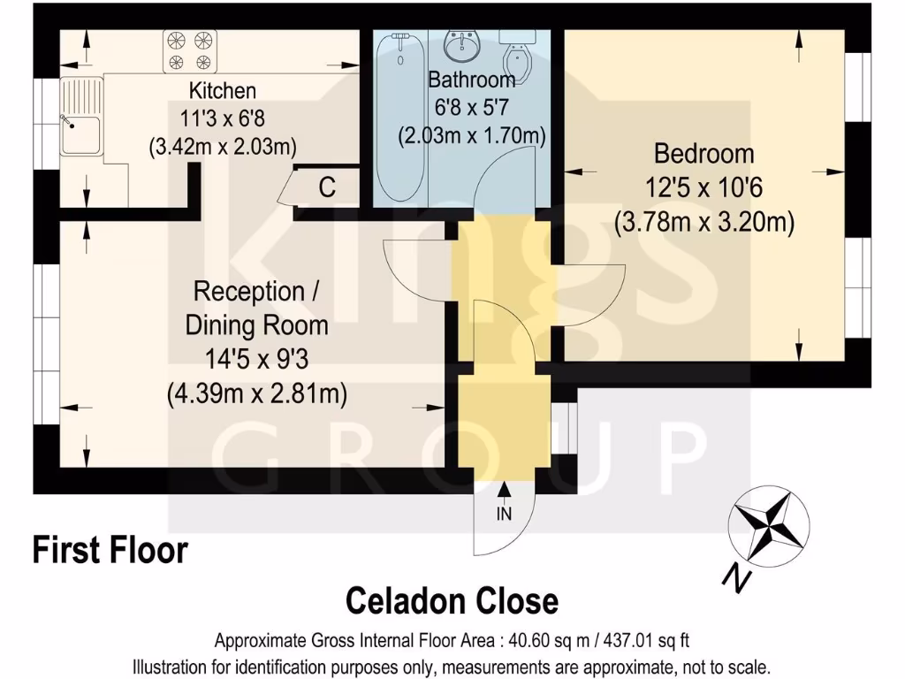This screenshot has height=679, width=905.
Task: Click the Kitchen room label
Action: [x=223, y=90]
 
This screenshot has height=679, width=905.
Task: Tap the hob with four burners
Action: [x=191, y=50]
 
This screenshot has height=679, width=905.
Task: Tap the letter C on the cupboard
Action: [x=326, y=187]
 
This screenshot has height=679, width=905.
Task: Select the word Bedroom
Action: [x=703, y=154]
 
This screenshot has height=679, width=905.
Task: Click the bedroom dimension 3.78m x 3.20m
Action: [x=703, y=222]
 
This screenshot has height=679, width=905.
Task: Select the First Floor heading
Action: [x=110, y=550]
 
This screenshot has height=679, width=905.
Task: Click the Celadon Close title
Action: [x=452, y=601]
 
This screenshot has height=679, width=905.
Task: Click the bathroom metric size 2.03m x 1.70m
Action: [x=471, y=136]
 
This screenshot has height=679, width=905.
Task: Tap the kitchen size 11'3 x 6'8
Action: [x=223, y=118]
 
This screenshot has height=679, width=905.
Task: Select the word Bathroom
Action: [x=471, y=80]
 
